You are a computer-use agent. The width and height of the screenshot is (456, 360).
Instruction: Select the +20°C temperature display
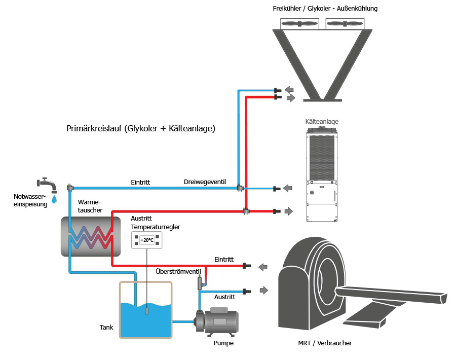[147, 240]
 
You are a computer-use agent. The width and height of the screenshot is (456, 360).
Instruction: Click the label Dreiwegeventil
[204, 182]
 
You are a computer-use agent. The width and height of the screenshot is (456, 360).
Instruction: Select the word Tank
[106, 327]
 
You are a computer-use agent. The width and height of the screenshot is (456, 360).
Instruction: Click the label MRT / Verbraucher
[325, 343]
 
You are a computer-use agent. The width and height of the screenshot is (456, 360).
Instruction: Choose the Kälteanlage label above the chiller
[322, 122]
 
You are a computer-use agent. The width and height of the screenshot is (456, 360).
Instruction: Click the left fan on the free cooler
[299, 23]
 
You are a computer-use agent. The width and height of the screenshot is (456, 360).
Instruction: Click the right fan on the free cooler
[345, 23]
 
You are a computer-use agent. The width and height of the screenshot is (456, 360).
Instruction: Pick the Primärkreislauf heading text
[141, 129]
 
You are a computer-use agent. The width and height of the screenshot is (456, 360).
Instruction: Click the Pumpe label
[223, 343]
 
